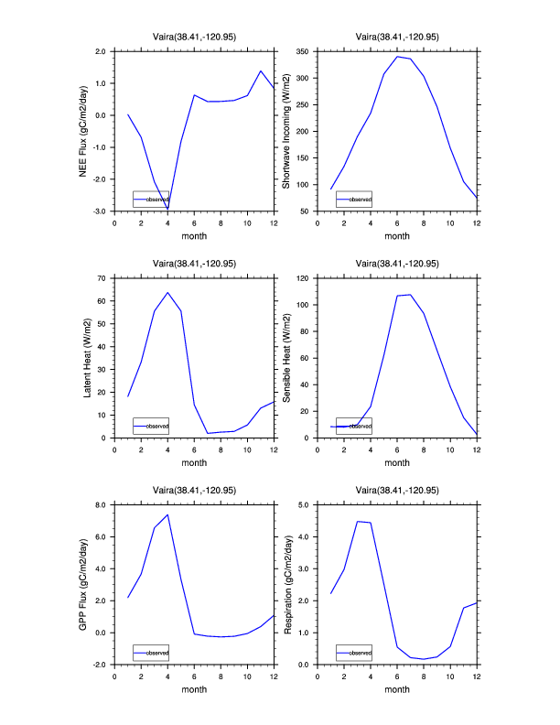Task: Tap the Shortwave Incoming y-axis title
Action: coord(286,131)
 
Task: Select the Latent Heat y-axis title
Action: coord(88,358)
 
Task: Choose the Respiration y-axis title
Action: coord(286,584)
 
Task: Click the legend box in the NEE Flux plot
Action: coord(151,199)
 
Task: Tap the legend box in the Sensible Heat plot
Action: coord(354,426)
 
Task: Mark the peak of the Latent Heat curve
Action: coord(167,293)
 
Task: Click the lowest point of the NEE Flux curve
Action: coord(167,210)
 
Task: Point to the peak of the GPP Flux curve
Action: coord(167,514)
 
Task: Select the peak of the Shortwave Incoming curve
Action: coord(397,57)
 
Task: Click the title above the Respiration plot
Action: coord(397,489)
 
